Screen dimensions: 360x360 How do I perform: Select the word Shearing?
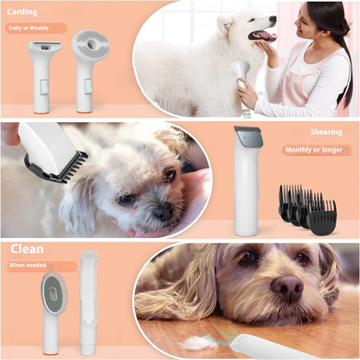(325, 132)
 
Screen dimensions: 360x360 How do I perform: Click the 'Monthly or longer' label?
(317, 150)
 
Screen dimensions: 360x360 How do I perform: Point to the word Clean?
(27, 250)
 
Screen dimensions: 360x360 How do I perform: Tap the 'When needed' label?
(30, 267)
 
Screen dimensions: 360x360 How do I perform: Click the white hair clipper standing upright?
(247, 186)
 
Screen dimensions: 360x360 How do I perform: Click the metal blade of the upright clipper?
(247, 137)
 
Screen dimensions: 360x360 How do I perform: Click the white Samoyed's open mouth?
(262, 36)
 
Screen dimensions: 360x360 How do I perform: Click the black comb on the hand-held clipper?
(65, 166)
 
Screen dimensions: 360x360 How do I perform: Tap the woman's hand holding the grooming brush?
(248, 92)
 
